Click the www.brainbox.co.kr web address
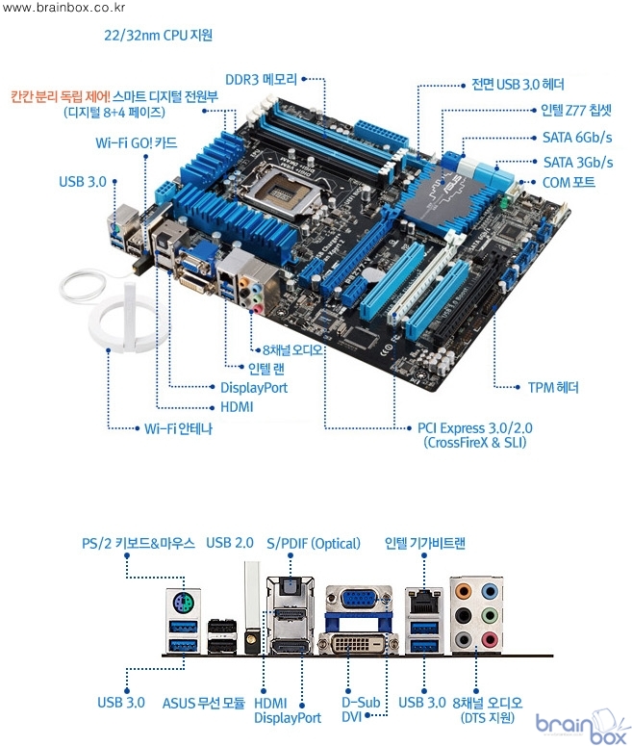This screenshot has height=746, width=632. [63, 7]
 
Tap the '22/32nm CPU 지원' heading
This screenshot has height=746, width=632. [158, 36]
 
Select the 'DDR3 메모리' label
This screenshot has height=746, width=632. [261, 80]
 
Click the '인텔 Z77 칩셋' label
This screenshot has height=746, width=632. [576, 111]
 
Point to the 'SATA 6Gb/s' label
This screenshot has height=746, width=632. [577, 138]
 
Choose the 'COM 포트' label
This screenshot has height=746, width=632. [569, 183]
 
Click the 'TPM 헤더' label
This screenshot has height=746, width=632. [553, 387]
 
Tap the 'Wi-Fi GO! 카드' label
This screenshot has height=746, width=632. [136, 143]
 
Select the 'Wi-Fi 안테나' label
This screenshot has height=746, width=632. [178, 428]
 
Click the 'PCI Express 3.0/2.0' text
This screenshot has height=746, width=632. [475, 427]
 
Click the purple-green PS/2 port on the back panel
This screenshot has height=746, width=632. [183, 605]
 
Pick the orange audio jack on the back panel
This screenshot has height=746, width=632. [463, 592]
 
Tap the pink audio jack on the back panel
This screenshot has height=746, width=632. [490, 640]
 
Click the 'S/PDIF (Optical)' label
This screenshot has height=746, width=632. [314, 543]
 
